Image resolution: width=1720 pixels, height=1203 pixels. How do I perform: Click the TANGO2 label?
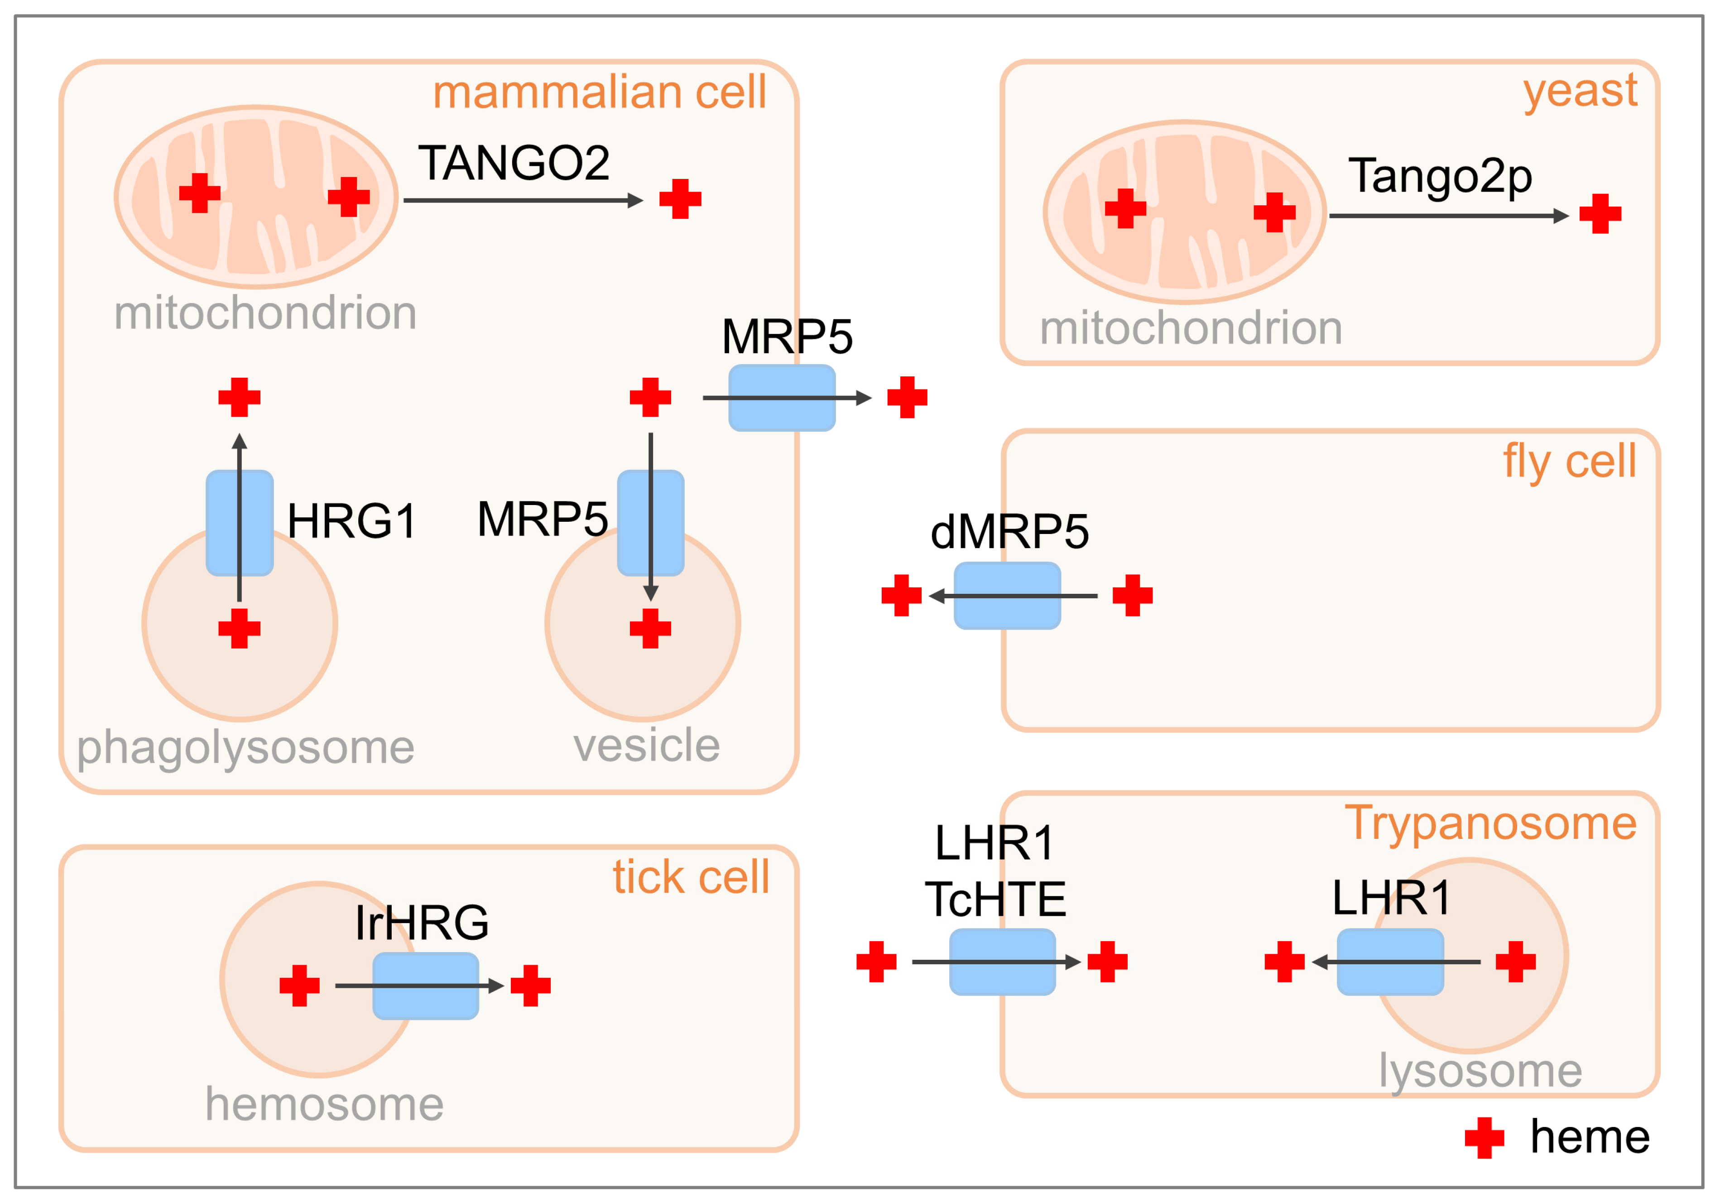[514, 164]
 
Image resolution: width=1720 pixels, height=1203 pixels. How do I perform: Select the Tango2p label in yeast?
[1439, 177]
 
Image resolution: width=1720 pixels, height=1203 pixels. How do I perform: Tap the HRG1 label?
[351, 521]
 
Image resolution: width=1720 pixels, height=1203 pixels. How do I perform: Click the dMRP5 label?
[1009, 532]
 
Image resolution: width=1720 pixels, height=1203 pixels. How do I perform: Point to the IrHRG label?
[422, 922]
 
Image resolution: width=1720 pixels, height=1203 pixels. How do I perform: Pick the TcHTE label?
[995, 899]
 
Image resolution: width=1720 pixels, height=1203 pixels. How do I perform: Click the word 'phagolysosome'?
[246, 747]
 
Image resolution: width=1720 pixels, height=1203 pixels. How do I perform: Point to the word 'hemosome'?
[324, 1104]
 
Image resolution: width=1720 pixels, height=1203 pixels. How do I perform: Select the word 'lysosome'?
[1480, 1071]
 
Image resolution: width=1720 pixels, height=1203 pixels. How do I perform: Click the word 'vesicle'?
[647, 746]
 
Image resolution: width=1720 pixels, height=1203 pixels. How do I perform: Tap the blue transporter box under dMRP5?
[1007, 596]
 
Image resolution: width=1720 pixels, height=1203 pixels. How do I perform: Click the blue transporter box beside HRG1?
[240, 523]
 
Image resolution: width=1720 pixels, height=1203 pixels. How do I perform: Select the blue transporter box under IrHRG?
[426, 986]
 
